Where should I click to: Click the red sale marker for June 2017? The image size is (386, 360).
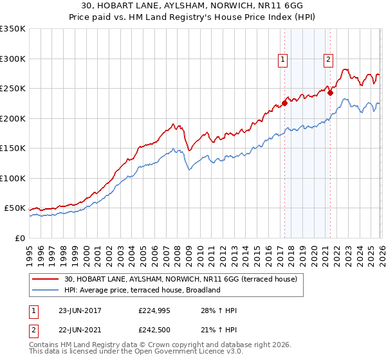click(x=284, y=103)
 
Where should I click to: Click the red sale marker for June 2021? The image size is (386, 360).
click(x=330, y=93)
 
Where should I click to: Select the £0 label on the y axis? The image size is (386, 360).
click(x=19, y=238)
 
